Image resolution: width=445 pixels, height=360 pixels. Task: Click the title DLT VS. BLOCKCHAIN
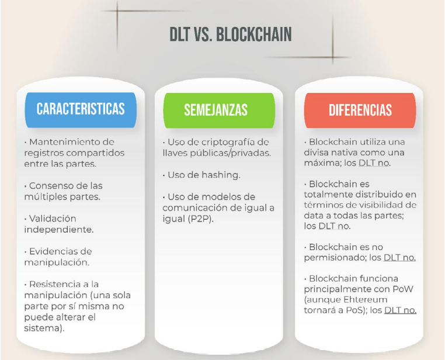[230, 34]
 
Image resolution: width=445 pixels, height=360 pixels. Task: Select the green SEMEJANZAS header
[215, 110]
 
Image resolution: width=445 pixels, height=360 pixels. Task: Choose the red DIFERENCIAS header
[360, 110]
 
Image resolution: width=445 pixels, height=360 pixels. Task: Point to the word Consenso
[51, 186]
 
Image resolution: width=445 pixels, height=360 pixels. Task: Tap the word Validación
[53, 218]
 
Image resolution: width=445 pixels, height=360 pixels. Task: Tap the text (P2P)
[200, 219]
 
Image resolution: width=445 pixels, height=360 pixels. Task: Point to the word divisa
[319, 153]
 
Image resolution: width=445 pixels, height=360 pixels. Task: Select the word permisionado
[332, 258]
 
